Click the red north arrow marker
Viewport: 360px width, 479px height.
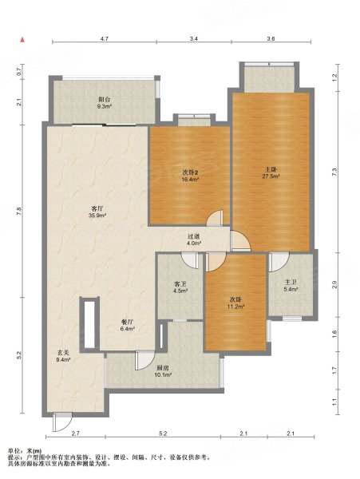point(22,39)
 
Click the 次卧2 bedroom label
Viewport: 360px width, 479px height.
point(189,173)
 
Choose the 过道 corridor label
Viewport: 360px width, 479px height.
point(193,236)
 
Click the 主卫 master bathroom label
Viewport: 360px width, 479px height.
point(291,283)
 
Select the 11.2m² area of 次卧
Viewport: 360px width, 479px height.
point(235,307)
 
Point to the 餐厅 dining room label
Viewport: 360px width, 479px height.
point(127,323)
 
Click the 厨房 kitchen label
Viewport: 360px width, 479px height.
point(163,368)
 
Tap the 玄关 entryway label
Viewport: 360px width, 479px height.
point(64,353)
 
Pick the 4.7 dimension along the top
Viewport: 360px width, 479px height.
point(105,38)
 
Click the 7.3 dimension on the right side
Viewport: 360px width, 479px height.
point(335,172)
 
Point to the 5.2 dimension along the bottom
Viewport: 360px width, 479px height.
point(163,433)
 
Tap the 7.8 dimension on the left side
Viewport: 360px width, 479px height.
point(19,211)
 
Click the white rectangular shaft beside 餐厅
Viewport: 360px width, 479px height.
point(89,324)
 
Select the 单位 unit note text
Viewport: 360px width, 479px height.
point(14,450)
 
